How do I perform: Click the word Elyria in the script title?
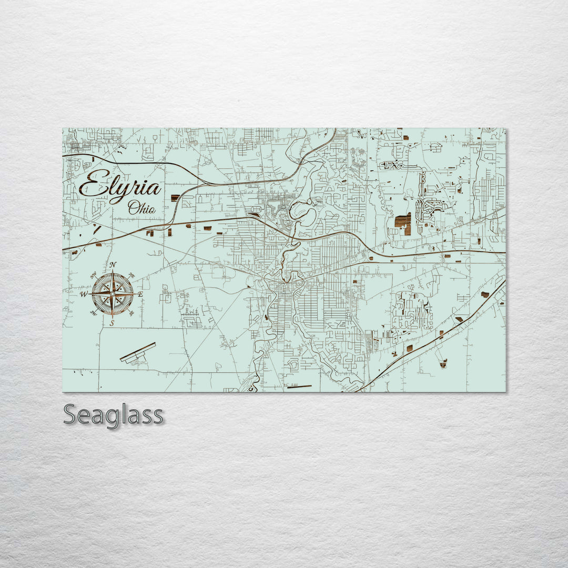click(120, 187)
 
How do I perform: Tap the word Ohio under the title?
click(142, 208)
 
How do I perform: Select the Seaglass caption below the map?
click(113, 415)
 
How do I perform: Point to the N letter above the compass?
click(113, 265)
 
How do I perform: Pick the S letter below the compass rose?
click(112, 323)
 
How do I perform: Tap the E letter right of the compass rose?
click(140, 295)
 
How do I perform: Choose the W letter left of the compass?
click(84, 295)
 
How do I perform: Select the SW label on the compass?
click(94, 313)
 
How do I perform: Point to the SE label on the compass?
click(131, 313)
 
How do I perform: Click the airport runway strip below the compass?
click(138, 352)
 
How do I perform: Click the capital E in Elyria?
click(91, 185)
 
